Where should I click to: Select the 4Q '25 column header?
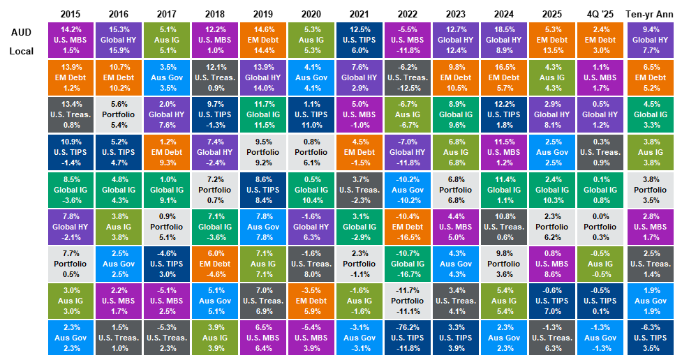point(598,13)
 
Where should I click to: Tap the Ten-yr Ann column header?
point(651,13)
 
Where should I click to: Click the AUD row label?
point(21,33)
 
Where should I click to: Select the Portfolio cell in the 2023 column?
point(454,188)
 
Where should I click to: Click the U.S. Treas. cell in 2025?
point(551,336)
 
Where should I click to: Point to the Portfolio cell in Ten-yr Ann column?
point(651,188)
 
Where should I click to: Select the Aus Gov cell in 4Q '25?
point(598,336)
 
